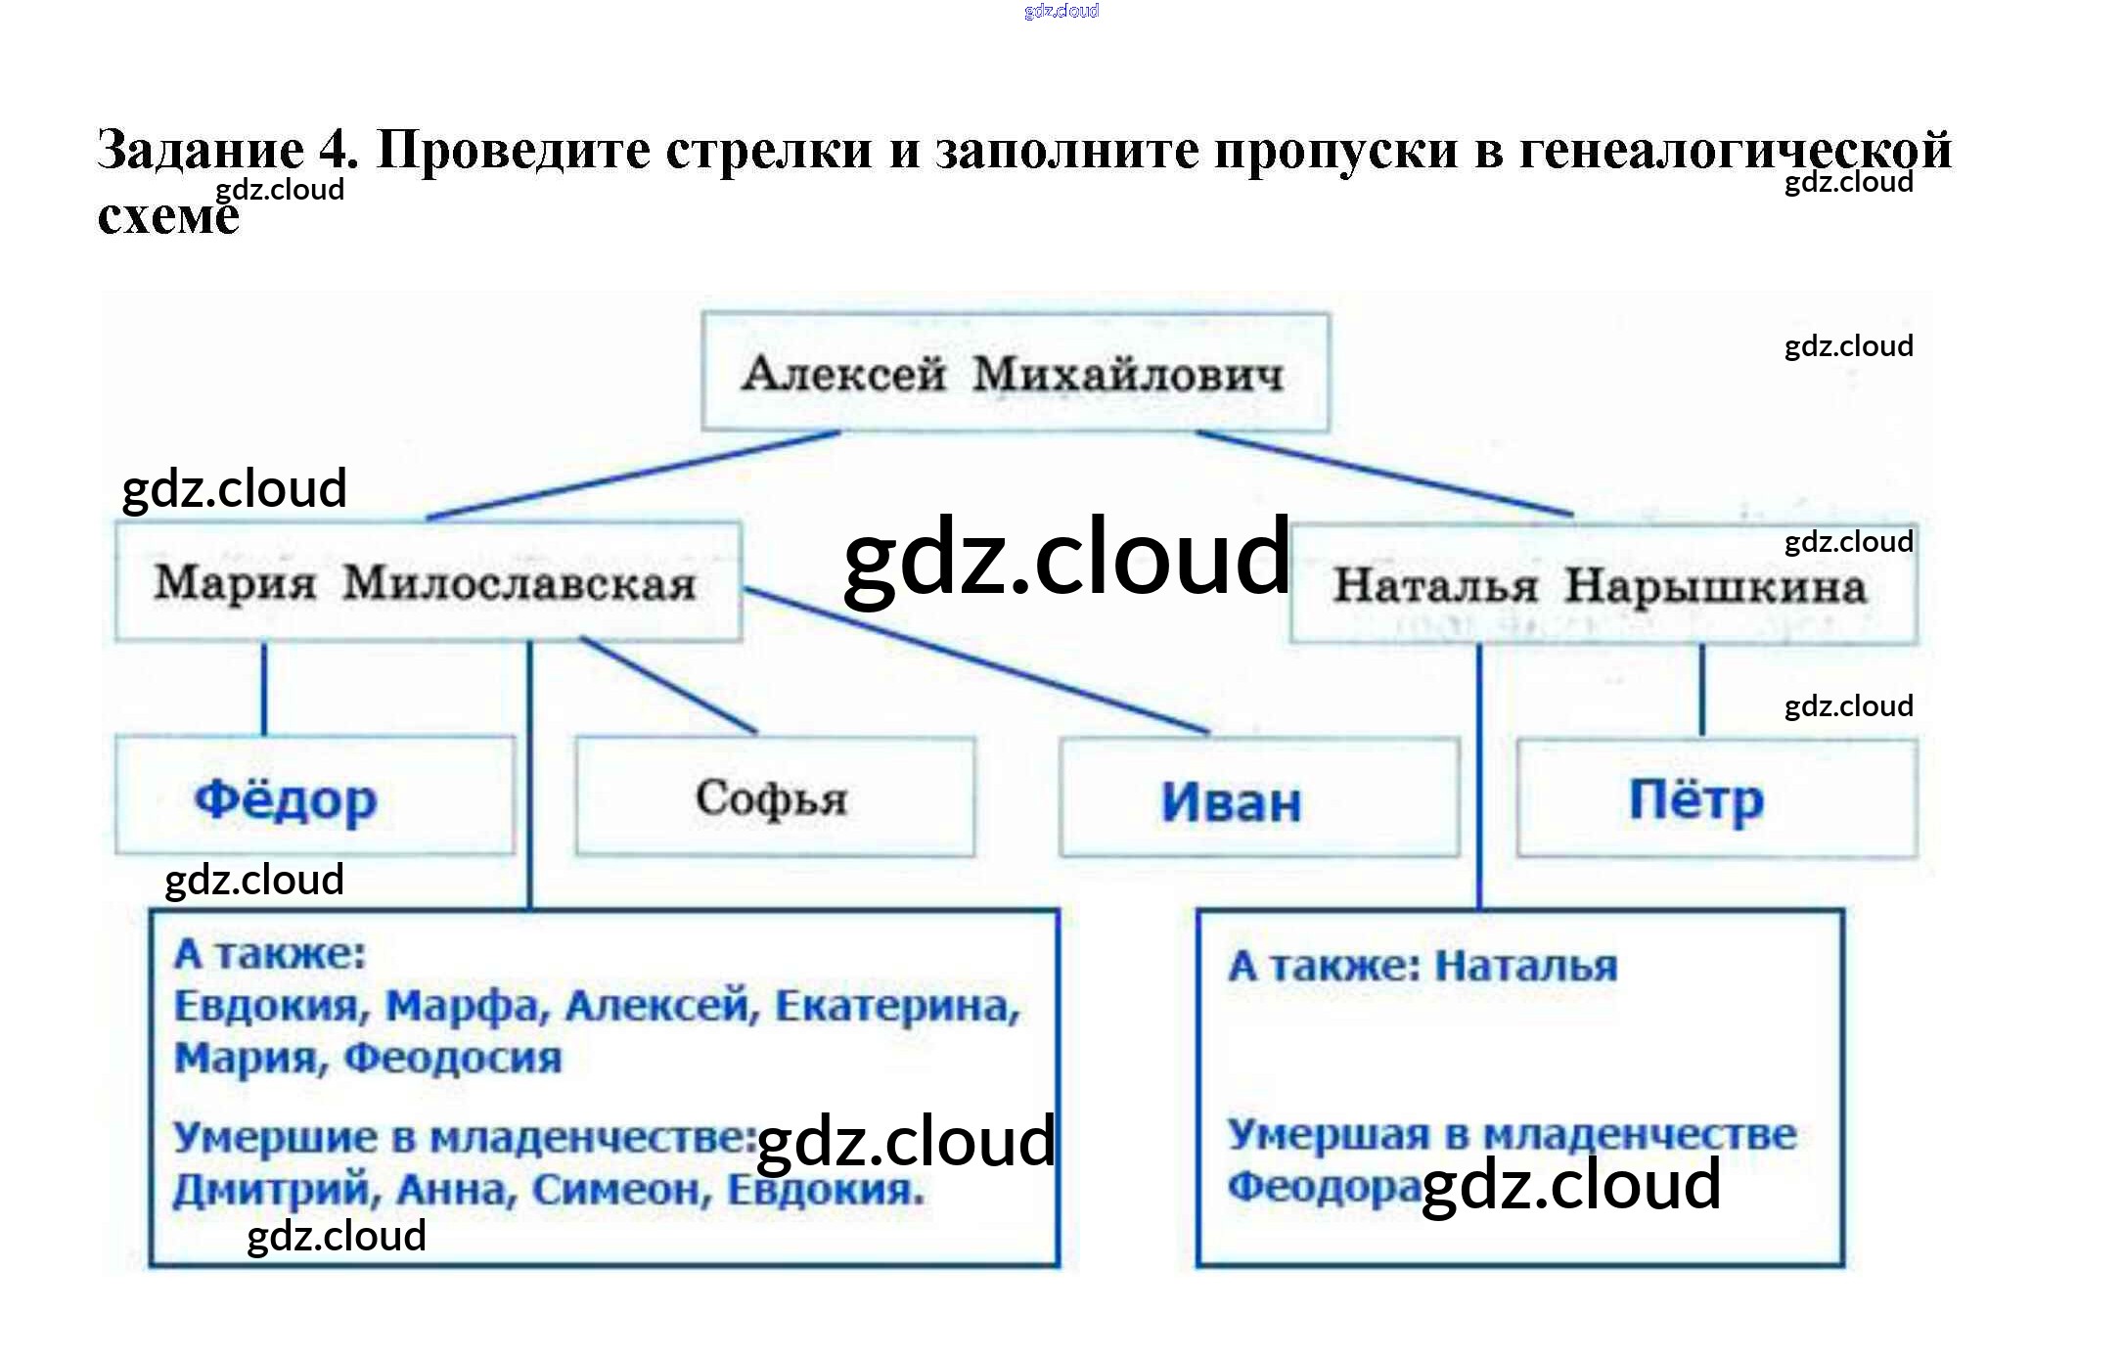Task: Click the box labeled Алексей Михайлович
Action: [1015, 373]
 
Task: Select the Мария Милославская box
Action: [427, 583]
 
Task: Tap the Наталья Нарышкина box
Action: [1602, 586]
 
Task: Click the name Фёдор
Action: [286, 799]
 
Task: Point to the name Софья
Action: [772, 797]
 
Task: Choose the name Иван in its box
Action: [1231, 802]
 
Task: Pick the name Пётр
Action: [1695, 799]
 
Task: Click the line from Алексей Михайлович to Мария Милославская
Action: [634, 476]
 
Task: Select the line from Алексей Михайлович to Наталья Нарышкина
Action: [1384, 474]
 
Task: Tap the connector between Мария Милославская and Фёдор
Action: [264, 689]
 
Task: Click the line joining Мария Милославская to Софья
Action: [669, 685]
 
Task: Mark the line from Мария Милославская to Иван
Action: [978, 661]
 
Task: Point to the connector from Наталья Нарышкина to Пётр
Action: [1701, 690]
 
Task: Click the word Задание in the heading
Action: [201, 150]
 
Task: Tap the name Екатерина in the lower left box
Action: [897, 1007]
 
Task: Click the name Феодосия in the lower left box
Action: [453, 1059]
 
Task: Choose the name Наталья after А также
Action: [1525, 967]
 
